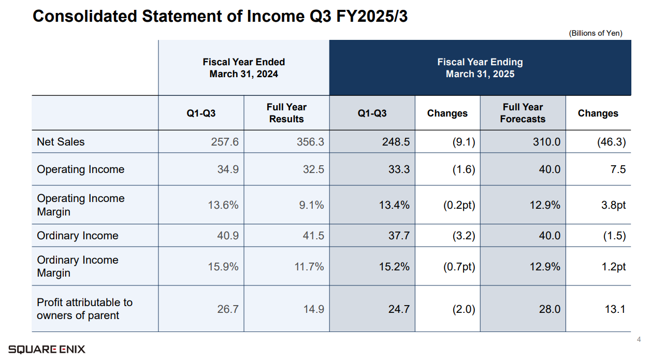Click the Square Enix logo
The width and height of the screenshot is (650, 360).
pos(47,349)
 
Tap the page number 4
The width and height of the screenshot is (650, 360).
pos(639,340)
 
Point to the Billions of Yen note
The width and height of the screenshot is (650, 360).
pos(596,33)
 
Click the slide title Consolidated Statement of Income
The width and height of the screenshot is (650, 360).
pos(220,17)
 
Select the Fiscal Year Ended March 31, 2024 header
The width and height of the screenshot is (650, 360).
pos(243,68)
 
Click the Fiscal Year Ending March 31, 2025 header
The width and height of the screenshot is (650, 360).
pos(480,68)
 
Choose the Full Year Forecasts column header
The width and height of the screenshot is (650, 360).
pos(523,113)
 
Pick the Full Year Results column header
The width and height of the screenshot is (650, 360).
pos(286,113)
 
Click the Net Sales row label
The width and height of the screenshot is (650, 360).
pos(61,141)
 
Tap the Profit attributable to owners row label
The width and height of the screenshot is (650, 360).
pos(84,309)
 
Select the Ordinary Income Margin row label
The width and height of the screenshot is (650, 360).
pos(78,266)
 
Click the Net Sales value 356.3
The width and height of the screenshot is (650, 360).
pos(310,141)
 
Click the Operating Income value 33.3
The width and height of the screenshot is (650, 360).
pos(399,169)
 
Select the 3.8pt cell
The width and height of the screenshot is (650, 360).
pos(613,205)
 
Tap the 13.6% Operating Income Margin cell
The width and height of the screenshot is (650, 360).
pos(223,205)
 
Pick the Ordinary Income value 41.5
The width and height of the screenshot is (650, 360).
pos(313,236)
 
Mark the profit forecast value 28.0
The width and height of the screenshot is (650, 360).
pos(550,309)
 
